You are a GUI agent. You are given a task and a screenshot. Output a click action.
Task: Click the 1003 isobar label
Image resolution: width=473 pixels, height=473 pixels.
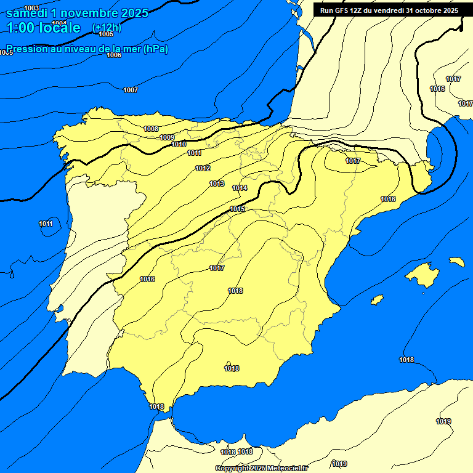point(31,7)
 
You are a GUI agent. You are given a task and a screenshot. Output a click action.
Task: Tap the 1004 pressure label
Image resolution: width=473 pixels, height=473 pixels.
point(59,23)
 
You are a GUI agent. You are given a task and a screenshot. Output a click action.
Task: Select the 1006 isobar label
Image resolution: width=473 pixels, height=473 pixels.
point(114,55)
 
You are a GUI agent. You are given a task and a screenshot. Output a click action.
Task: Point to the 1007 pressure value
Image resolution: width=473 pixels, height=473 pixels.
point(131,90)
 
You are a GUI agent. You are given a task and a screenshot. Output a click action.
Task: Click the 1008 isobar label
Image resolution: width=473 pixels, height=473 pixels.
point(151,129)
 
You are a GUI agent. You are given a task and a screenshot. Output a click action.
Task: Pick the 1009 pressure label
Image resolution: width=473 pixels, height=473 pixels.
point(167,137)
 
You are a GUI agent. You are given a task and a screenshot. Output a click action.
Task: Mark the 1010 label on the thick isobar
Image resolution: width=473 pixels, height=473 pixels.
point(179,145)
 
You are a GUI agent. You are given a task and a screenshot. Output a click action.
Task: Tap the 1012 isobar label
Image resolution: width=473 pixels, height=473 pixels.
point(203,168)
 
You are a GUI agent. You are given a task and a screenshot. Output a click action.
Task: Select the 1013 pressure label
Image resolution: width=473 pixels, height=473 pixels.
point(217,184)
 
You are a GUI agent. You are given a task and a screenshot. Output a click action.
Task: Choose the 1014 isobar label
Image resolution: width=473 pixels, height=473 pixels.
point(240,188)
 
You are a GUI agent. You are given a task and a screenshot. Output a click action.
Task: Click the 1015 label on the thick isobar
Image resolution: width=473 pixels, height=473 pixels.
point(237,209)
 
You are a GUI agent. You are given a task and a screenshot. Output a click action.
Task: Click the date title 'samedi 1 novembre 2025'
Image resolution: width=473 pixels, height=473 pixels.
point(77,13)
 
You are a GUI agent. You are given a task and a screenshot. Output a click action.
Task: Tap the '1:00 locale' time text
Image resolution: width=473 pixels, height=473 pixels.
point(43,28)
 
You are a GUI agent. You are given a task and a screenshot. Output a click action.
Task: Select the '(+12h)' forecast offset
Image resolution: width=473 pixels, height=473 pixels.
point(107,28)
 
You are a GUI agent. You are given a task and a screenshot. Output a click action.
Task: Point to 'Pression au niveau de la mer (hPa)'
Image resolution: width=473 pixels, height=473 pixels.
point(87,49)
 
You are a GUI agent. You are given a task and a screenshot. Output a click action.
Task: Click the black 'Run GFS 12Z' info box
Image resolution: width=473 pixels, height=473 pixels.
point(389,10)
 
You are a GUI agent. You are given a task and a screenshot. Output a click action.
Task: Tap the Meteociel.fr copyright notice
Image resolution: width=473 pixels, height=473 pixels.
point(262,468)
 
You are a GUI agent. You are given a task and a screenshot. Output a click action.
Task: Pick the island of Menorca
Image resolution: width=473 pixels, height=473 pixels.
point(457,262)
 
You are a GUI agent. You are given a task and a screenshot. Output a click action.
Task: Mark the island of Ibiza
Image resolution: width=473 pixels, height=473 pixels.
point(377,300)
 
